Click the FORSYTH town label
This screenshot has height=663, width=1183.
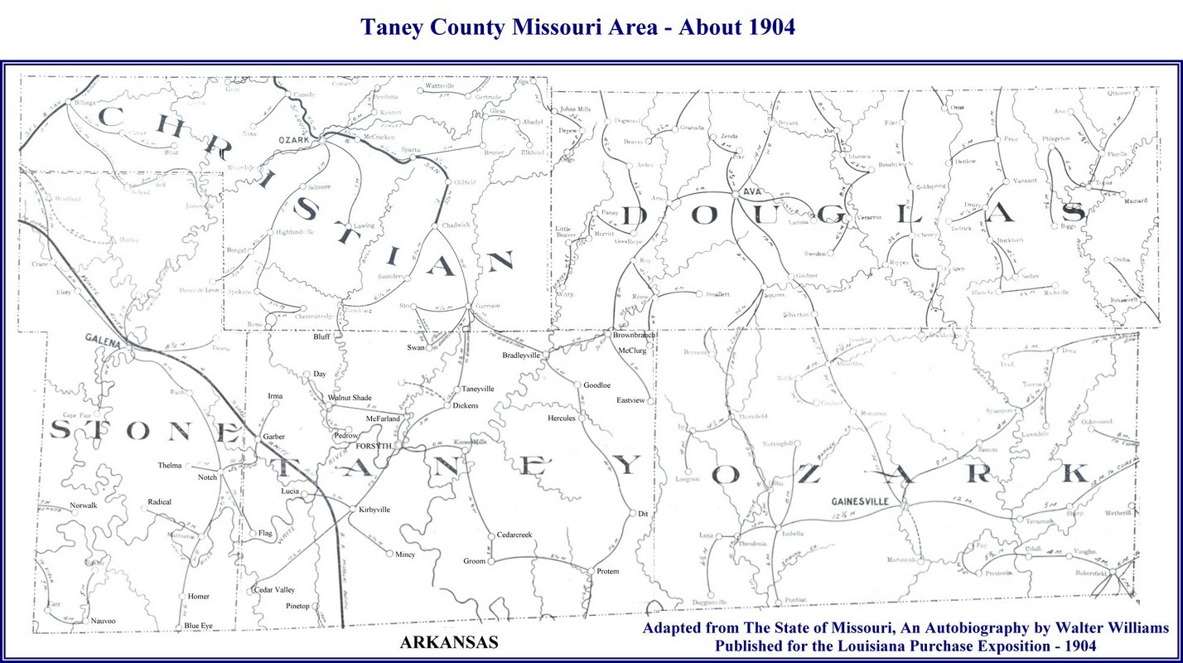[373, 446]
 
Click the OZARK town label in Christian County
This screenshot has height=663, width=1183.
[294, 140]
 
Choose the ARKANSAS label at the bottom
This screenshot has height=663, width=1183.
[448, 642]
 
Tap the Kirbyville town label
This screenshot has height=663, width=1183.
[373, 510]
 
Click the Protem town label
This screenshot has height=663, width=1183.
[607, 572]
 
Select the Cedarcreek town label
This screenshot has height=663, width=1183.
[514, 535]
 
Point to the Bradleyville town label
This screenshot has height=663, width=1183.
[521, 355]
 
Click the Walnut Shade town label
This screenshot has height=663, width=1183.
[349, 398]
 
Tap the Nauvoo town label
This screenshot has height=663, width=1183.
[103, 621]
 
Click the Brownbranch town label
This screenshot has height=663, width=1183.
[634, 335]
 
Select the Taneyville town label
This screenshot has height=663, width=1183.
[478, 389]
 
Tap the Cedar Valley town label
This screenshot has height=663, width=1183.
[275, 589]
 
